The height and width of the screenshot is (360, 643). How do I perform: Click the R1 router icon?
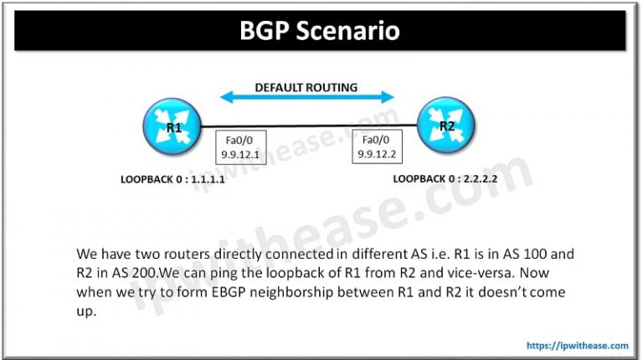pyautogui.click(x=173, y=127)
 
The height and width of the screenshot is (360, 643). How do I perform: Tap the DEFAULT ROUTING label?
pyautogui.click(x=306, y=86)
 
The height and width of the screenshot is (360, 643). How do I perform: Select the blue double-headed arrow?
pyautogui.click(x=306, y=99)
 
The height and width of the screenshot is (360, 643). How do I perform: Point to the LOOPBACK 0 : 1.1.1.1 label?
pyautogui.click(x=173, y=180)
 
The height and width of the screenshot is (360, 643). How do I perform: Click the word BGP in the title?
pyautogui.click(x=266, y=31)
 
